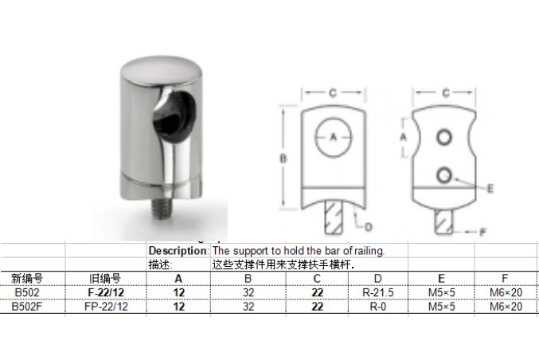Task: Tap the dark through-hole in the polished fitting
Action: point(174,115)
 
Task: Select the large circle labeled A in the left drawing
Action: point(333,137)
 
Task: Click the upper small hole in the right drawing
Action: point(443,137)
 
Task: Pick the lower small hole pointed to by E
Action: point(443,175)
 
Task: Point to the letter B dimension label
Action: point(283,158)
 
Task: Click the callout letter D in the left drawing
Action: point(368,227)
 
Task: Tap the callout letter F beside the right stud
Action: point(482,232)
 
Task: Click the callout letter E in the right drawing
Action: point(490,188)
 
